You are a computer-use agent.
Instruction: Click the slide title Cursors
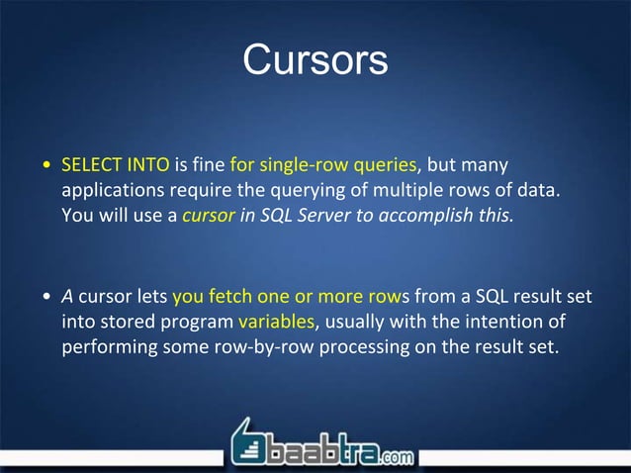315,59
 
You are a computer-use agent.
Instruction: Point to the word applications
111,188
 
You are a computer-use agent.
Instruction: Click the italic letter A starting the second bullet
67,295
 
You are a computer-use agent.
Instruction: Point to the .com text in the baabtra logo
394,457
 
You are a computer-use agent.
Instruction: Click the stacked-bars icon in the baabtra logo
249,448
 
